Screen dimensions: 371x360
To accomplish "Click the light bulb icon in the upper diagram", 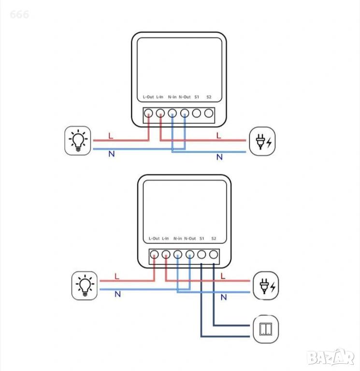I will coord(78,141).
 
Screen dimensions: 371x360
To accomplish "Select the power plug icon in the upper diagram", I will coord(261,141).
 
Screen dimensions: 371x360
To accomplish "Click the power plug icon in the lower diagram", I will coord(266,285).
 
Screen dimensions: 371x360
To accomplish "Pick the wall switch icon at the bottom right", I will coord(266,329).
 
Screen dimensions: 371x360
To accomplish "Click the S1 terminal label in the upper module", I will coord(197,97).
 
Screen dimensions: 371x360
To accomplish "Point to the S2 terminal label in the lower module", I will coord(214,239).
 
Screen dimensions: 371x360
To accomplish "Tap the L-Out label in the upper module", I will coord(148,97).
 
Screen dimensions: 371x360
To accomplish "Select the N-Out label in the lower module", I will coord(190,239).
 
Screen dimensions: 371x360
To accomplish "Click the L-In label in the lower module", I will coord(166,239).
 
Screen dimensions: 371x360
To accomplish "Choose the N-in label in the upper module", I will coord(173,97).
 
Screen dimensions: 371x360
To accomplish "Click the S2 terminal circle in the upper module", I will coord(209,114).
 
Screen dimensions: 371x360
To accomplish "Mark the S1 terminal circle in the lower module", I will coord(202,255).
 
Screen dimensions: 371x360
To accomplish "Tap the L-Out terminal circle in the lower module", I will coord(154,255).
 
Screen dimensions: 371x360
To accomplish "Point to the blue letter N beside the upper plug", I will coord(219,157).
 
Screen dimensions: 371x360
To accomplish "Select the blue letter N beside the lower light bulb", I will coord(117,294).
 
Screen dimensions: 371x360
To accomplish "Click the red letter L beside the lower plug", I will coord(223,276).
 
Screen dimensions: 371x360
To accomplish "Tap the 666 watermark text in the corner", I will coord(19,14).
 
